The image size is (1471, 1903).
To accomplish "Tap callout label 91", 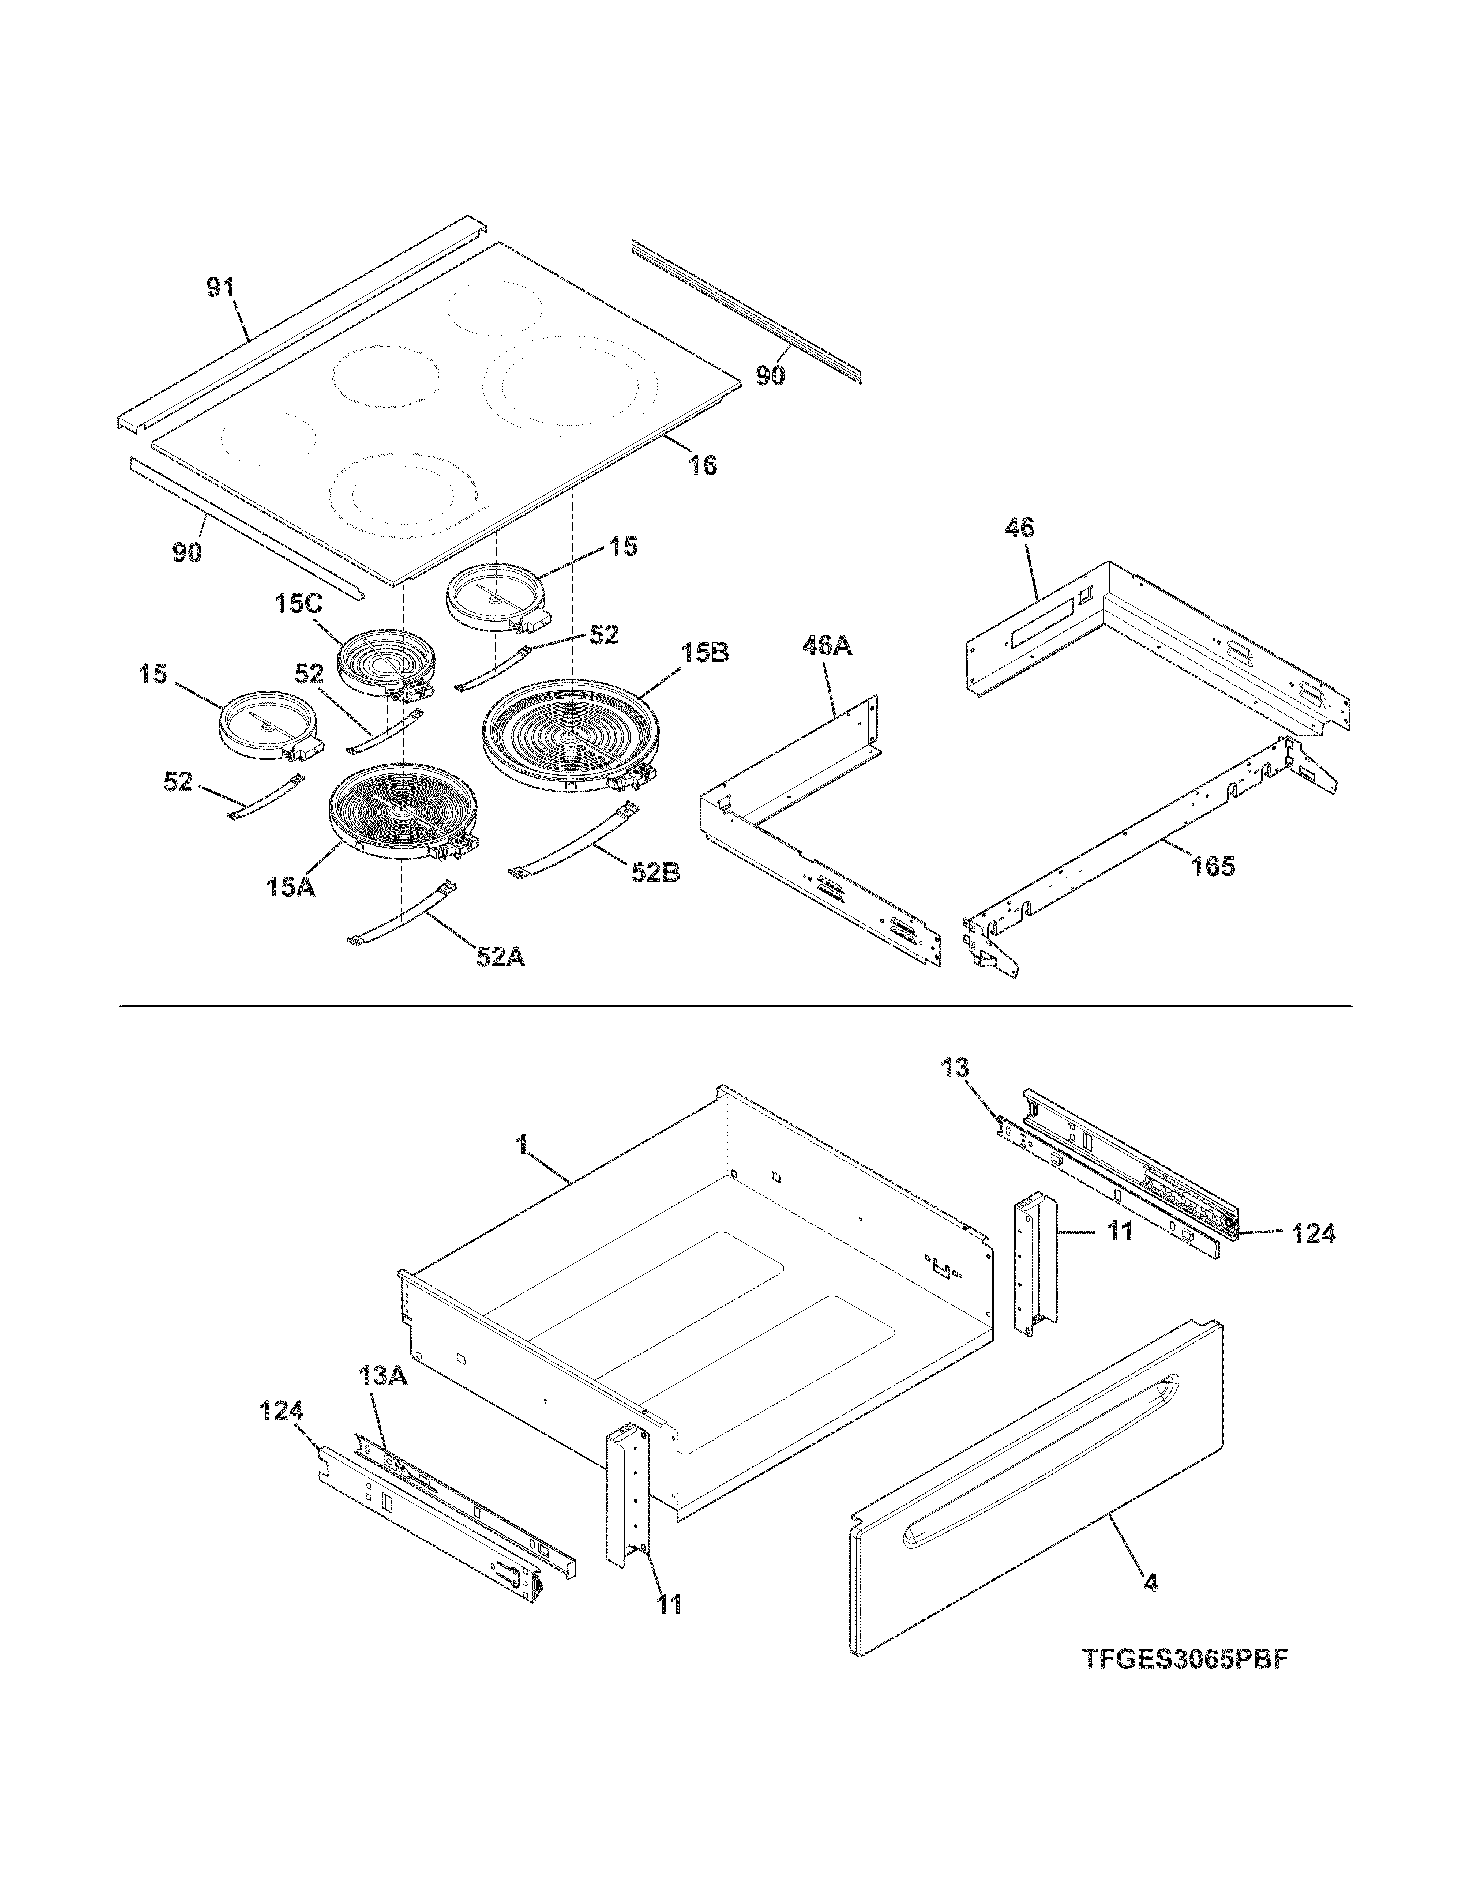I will tap(220, 288).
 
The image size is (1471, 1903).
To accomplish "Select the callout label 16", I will tap(703, 466).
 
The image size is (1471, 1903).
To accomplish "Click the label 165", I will tap(1213, 866).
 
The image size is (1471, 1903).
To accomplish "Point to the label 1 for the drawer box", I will tap(522, 1146).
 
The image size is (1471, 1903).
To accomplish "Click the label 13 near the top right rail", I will tap(955, 1068).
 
